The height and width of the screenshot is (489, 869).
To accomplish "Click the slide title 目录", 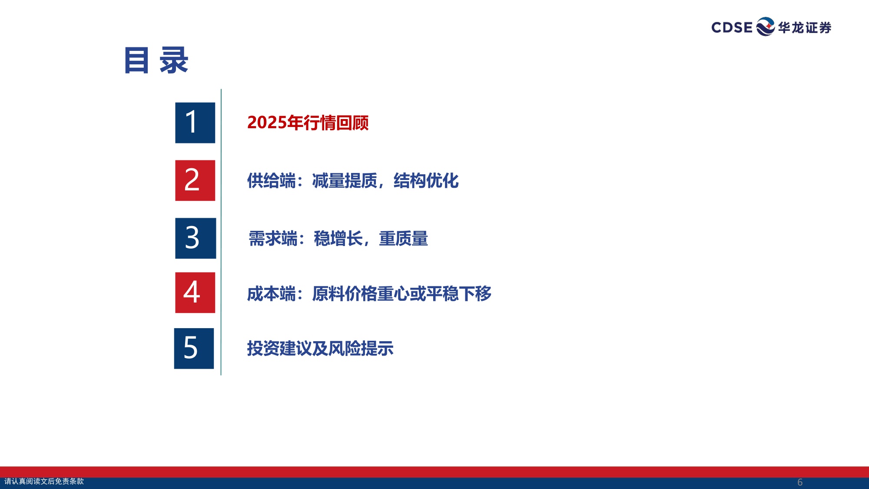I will tap(156, 60).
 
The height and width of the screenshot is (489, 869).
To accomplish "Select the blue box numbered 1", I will tap(195, 123).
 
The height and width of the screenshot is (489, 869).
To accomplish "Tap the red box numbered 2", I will tap(195, 180).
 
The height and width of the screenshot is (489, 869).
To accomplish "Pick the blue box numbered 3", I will tap(196, 238).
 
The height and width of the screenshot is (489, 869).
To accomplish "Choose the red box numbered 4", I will tap(195, 293).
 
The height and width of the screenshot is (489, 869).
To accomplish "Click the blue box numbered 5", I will tap(194, 348).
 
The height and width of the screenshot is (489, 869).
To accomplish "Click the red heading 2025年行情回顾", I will tap(308, 123).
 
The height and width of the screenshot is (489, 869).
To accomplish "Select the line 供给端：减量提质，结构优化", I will tap(352, 181).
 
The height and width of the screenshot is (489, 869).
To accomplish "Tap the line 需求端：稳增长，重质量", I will tap(338, 239).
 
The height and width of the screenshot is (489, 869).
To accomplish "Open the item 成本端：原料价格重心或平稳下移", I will tap(369, 294).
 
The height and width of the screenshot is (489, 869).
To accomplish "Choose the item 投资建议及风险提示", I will tap(320, 349).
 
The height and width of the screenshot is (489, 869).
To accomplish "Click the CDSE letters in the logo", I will tap(732, 27).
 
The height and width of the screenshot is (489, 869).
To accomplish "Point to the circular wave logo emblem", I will tap(765, 27).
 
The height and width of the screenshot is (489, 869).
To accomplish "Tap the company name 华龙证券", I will tap(805, 28).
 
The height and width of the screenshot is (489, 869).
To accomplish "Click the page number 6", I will tap(800, 482).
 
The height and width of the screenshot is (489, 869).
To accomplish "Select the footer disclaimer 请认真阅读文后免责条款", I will tap(44, 481).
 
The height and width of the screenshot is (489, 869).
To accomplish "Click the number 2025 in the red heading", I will tap(267, 123).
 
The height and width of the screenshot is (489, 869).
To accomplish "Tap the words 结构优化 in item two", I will tap(426, 181).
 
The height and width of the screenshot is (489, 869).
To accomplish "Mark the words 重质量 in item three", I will tap(403, 239).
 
